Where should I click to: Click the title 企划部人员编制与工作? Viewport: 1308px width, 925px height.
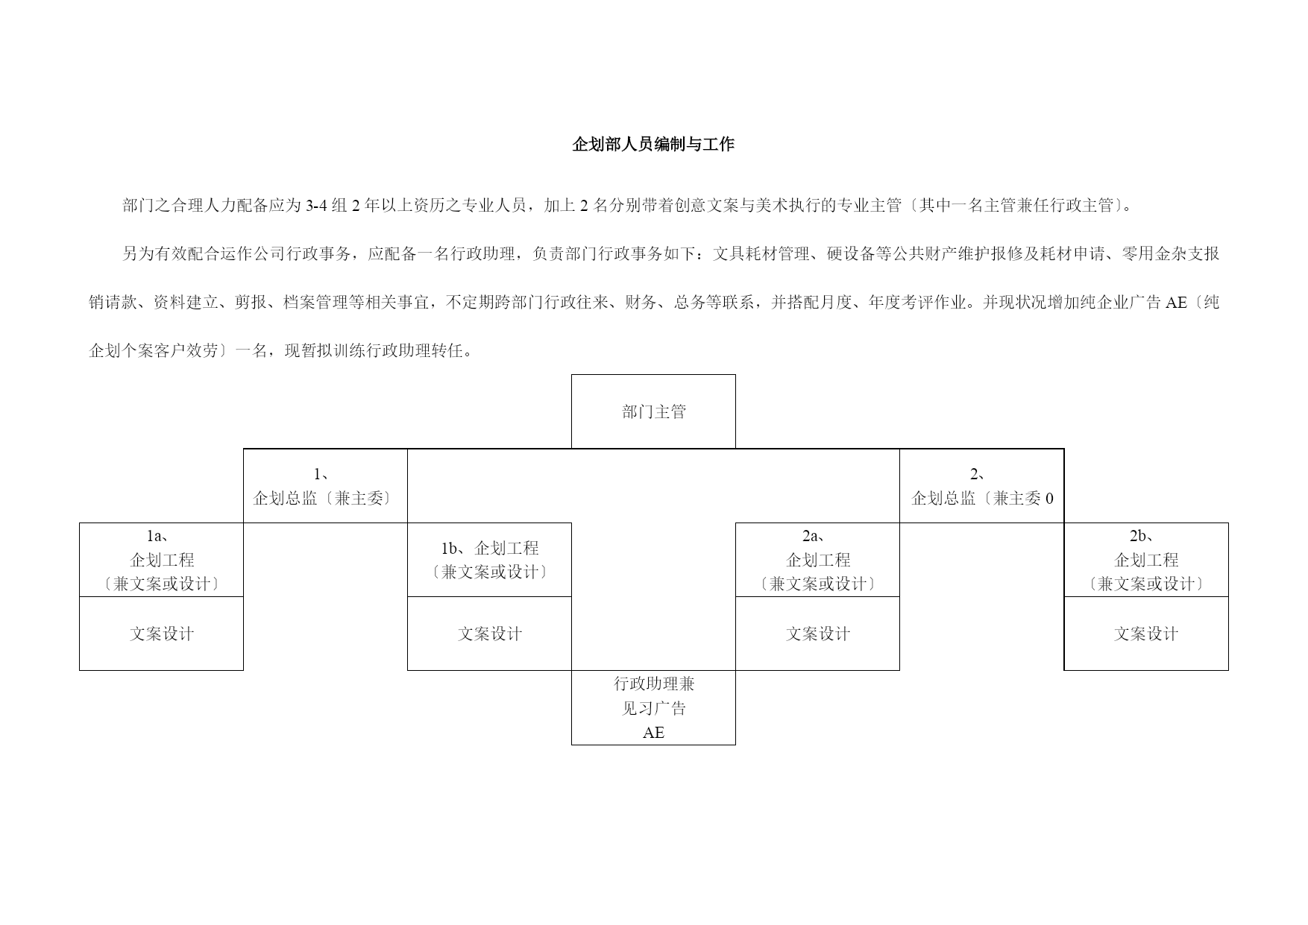tap(653, 145)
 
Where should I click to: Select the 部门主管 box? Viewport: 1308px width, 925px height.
tap(653, 411)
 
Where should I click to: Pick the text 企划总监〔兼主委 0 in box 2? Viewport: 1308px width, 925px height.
tap(982, 499)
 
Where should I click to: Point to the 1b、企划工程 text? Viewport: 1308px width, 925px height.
tap(489, 549)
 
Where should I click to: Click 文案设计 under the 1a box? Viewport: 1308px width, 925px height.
tap(162, 634)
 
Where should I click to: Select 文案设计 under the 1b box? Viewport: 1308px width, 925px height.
tap(490, 634)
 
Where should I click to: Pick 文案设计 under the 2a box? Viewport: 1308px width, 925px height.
tap(818, 634)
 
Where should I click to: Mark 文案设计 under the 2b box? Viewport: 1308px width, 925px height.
tap(1146, 634)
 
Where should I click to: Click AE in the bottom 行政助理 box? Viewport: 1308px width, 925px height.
tap(653, 733)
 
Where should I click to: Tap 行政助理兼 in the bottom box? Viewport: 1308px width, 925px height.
tap(654, 684)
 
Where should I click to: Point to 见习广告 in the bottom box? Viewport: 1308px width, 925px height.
tap(654, 708)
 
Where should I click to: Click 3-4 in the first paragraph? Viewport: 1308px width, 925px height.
tap(317, 206)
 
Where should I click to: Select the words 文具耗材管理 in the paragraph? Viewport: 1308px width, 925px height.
tap(761, 254)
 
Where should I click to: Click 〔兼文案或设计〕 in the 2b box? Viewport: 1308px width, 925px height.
tap(1146, 584)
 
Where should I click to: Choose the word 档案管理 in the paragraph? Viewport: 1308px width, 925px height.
tap(315, 303)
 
